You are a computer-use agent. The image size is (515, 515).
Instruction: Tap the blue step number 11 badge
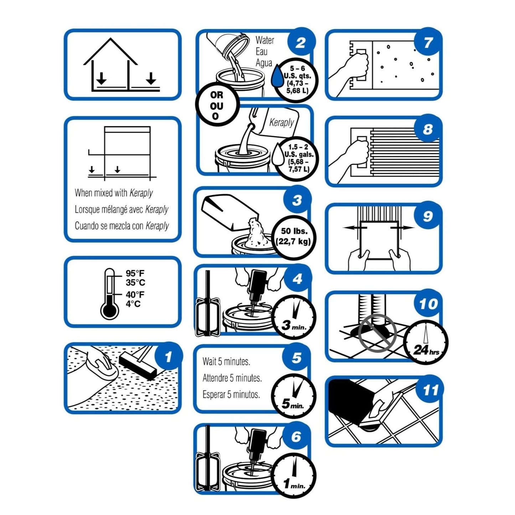point(430,390)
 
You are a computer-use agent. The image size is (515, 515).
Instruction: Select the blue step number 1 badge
point(168,356)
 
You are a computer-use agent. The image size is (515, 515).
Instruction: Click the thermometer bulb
point(109,310)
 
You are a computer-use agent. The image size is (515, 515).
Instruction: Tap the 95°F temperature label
point(135,274)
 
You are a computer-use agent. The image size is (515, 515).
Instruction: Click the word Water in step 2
point(264,40)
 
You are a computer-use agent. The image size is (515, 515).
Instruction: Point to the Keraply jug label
point(281,123)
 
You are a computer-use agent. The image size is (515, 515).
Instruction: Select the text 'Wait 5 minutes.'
point(226,362)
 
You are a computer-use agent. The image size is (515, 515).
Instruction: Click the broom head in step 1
point(138,366)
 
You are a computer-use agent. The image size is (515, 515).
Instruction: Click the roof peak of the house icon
point(110,38)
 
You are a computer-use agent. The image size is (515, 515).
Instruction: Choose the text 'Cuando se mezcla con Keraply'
point(122,226)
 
